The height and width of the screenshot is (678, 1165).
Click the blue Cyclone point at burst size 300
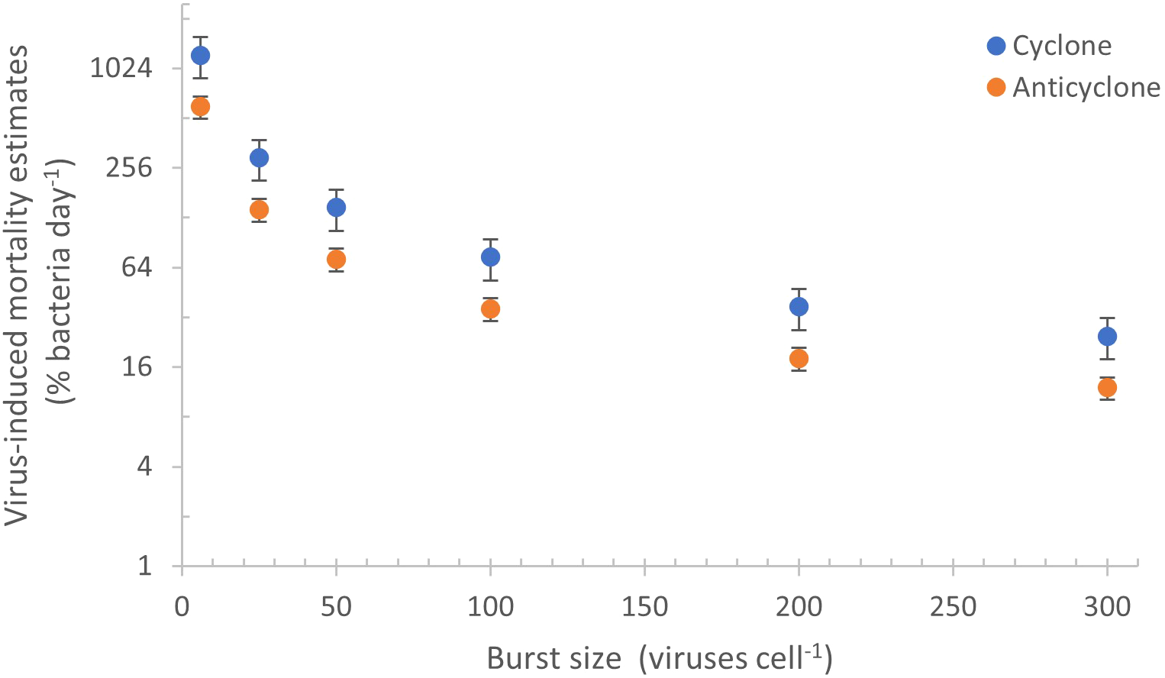pos(1107,337)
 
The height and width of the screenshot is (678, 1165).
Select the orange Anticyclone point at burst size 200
pos(799,359)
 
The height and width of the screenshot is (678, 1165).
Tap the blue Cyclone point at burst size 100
pos(490,257)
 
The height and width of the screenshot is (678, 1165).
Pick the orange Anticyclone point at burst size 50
pos(336,260)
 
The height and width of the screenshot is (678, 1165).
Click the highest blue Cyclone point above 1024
pos(201,56)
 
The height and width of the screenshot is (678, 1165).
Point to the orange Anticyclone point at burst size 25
pos(259,210)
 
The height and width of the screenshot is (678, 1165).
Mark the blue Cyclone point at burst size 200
pos(799,307)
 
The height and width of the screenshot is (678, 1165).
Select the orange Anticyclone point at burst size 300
pos(1107,388)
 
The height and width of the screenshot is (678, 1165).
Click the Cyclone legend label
pos(1061,46)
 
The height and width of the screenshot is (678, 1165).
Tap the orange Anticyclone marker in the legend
pos(996,88)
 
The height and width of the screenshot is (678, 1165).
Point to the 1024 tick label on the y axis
pos(121,68)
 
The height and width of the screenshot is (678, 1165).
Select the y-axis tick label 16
pos(136,367)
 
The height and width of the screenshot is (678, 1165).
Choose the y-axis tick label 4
pos(144,467)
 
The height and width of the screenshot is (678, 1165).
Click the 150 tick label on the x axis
pos(644,608)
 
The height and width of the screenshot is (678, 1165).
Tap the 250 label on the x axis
pos(953,608)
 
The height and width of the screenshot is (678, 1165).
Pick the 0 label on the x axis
pos(182,608)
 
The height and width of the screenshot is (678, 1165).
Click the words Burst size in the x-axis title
pos(554,657)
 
